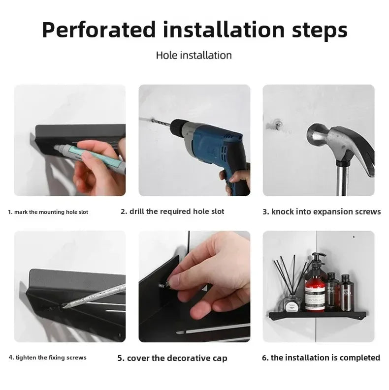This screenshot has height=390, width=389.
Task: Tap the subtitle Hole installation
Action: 194,55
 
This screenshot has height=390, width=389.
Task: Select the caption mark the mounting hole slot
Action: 48,212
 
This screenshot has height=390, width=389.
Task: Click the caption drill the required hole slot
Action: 172,211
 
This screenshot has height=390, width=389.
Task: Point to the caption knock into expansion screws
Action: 322,211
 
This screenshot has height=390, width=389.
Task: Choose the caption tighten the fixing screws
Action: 47,358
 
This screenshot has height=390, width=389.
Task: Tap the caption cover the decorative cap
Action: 172,358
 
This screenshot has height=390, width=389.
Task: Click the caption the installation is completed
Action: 321,358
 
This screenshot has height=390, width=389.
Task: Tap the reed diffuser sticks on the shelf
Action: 291,275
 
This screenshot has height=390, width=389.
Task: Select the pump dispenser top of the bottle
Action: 317,258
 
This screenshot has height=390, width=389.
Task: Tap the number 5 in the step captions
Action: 120,358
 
